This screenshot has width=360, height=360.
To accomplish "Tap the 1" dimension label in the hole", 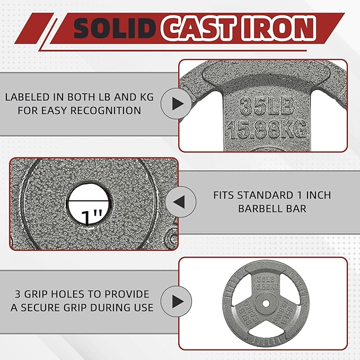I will [x=89, y=216].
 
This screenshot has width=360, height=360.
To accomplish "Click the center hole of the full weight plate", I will [x=262, y=302].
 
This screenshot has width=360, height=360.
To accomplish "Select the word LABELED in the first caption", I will [x=29, y=97].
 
